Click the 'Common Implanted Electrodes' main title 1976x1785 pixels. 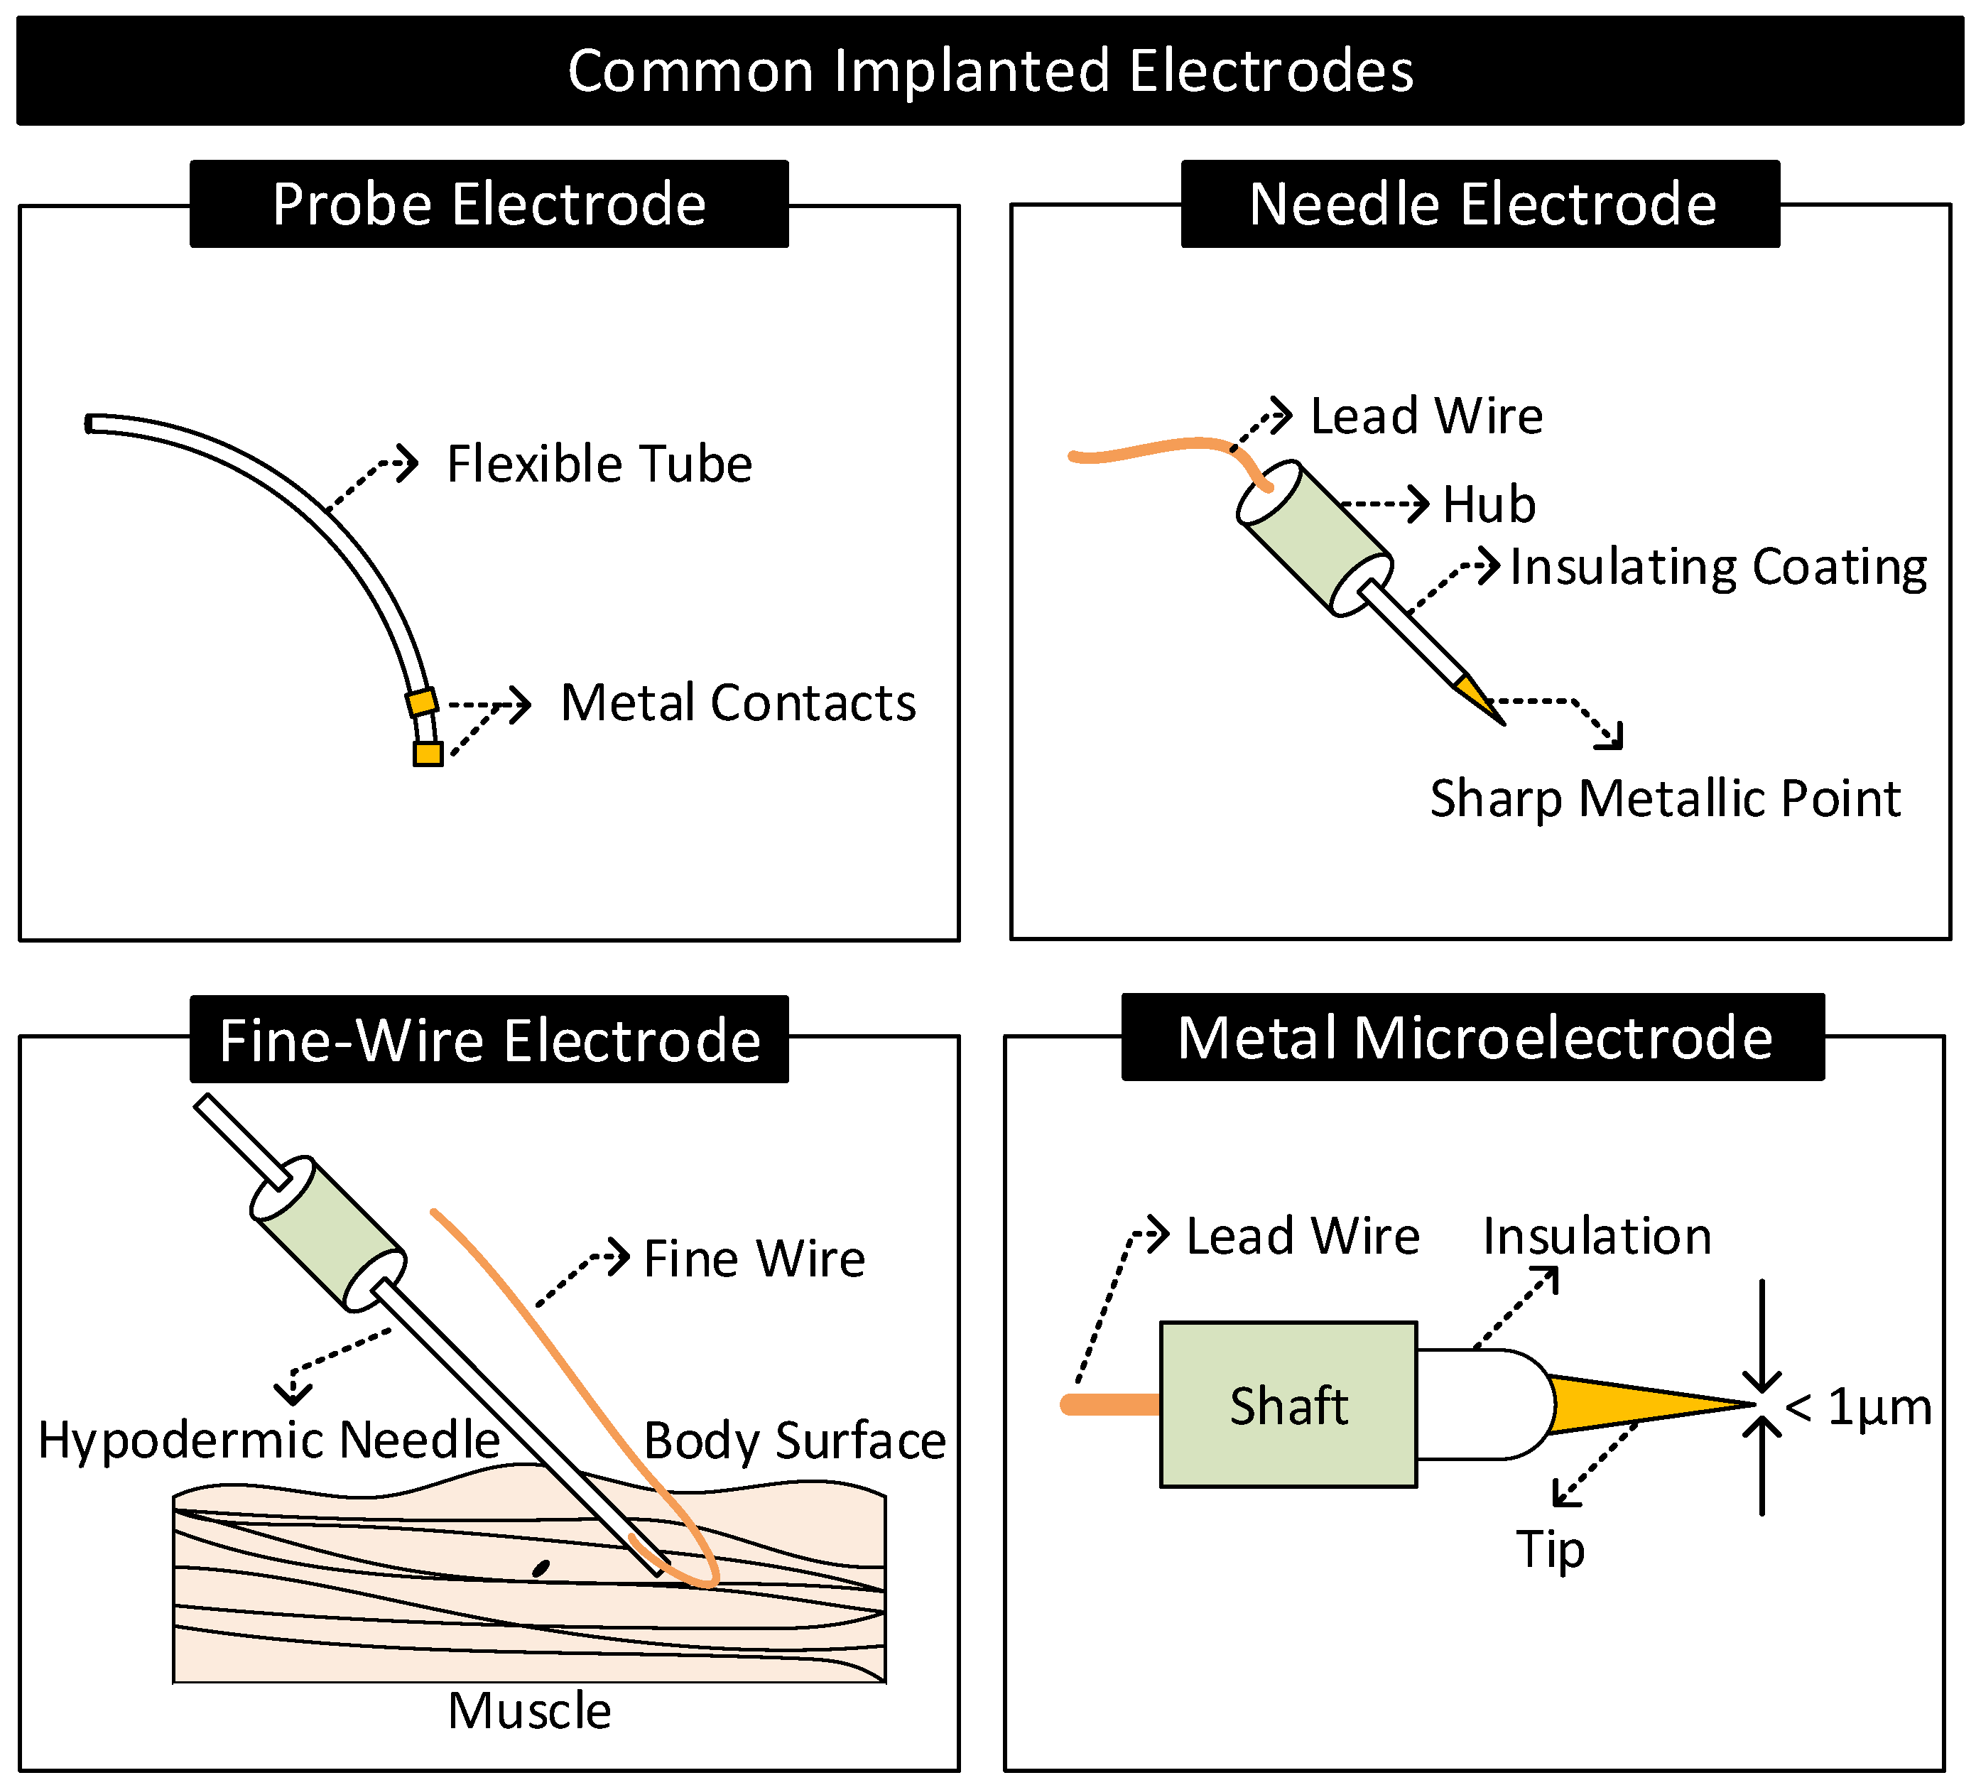pos(990,70)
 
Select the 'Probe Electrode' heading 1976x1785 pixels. pos(489,204)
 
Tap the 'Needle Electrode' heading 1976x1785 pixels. pos(1482,204)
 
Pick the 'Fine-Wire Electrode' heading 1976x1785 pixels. pos(489,1040)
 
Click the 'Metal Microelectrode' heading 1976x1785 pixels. pos(1474,1037)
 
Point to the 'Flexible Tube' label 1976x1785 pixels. pos(599,464)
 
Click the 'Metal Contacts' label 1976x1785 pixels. pos(737,702)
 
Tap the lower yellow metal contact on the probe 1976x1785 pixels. pos(428,753)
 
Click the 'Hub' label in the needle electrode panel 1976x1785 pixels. pos(1489,505)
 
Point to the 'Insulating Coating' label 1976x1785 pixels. pos(1718,567)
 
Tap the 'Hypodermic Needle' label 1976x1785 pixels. pos(268,1440)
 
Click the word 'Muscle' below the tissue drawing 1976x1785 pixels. pos(529,1710)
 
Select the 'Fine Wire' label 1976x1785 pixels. pos(754,1259)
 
